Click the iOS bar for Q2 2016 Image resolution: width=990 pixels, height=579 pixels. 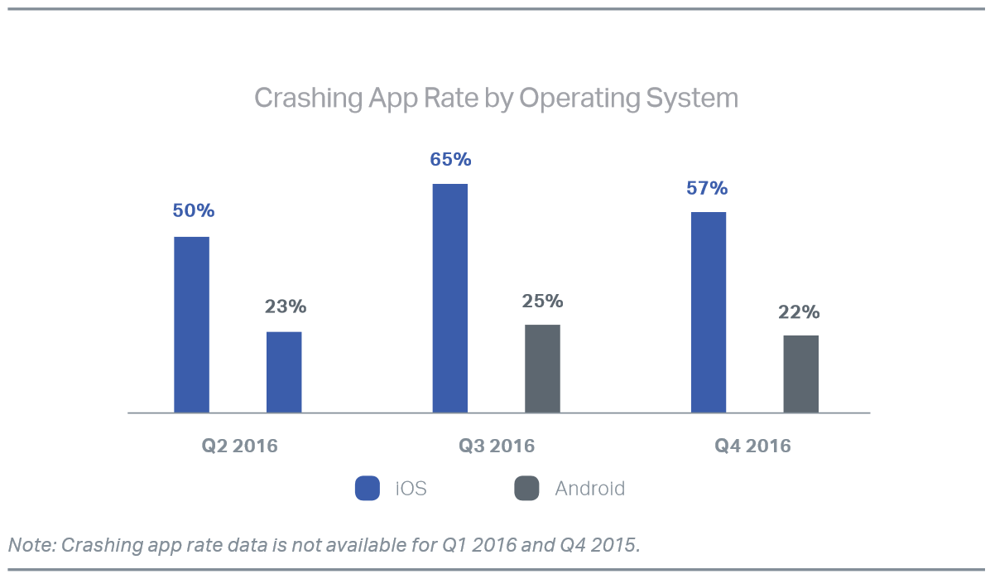click(191, 324)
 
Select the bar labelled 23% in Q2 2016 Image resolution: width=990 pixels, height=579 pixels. click(284, 372)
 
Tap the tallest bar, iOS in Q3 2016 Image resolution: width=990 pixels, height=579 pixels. click(449, 297)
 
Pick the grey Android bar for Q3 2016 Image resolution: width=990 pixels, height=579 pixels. click(542, 368)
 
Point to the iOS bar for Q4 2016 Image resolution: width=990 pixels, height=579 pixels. click(708, 311)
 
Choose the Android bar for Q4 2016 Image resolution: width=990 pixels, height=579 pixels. click(800, 374)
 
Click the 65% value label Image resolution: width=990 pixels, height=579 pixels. click(450, 159)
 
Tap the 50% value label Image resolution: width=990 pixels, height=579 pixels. click(194, 211)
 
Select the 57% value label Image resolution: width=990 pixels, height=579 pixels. click(707, 188)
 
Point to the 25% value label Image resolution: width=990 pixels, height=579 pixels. click(542, 301)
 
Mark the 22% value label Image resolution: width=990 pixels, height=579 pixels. click(799, 312)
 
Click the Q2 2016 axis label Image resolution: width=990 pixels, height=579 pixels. click(240, 446)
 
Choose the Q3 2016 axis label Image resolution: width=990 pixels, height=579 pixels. click(497, 446)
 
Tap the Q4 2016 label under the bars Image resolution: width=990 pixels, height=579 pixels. click(753, 446)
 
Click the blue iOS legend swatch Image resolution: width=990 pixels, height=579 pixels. click(368, 489)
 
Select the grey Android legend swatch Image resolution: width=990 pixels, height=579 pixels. click(526, 489)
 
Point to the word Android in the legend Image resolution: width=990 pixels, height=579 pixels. click(589, 489)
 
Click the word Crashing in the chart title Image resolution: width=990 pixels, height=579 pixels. click(296, 98)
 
